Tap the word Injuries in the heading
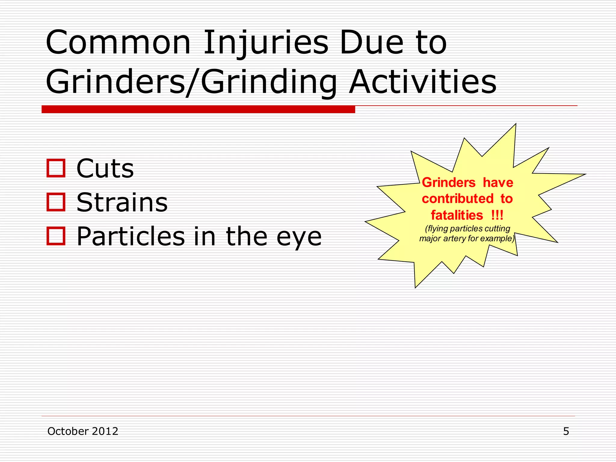pos(266,43)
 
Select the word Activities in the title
pos(423,82)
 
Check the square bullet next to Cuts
pos(56,168)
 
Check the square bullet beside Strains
pos(56,202)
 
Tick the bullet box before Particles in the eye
pos(56,236)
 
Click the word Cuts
pos(105,168)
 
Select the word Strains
pos(122,202)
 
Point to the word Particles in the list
pos(131,236)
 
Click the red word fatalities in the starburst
pos(457,215)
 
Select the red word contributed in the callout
pos(457,199)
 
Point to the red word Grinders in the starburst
pos(448,183)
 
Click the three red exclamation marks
pos(497,215)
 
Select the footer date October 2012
pos(83,431)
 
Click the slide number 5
pos(566,431)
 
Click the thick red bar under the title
pos(198,109)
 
